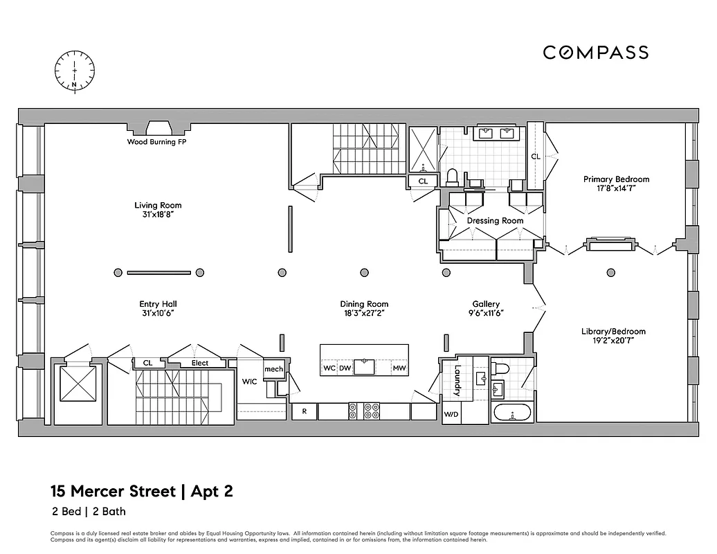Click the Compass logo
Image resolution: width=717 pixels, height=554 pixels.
point(595,53)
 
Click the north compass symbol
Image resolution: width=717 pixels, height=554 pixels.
point(75,71)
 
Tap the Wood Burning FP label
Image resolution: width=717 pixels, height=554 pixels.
point(156,142)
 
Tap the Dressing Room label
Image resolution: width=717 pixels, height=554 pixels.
point(495,221)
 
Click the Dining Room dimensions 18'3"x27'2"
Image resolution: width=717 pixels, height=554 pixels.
point(364,313)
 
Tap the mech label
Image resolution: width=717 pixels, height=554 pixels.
point(273,370)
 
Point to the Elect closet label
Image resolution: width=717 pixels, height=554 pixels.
point(199,363)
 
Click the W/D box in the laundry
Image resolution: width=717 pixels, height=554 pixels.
point(450,415)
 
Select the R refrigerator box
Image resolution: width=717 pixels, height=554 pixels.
point(303,411)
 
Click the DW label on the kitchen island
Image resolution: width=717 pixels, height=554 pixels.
point(345,368)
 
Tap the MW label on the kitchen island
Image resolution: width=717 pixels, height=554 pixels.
point(399,368)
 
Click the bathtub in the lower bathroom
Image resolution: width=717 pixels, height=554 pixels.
point(512,414)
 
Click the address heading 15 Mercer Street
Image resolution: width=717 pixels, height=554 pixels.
point(114,492)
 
